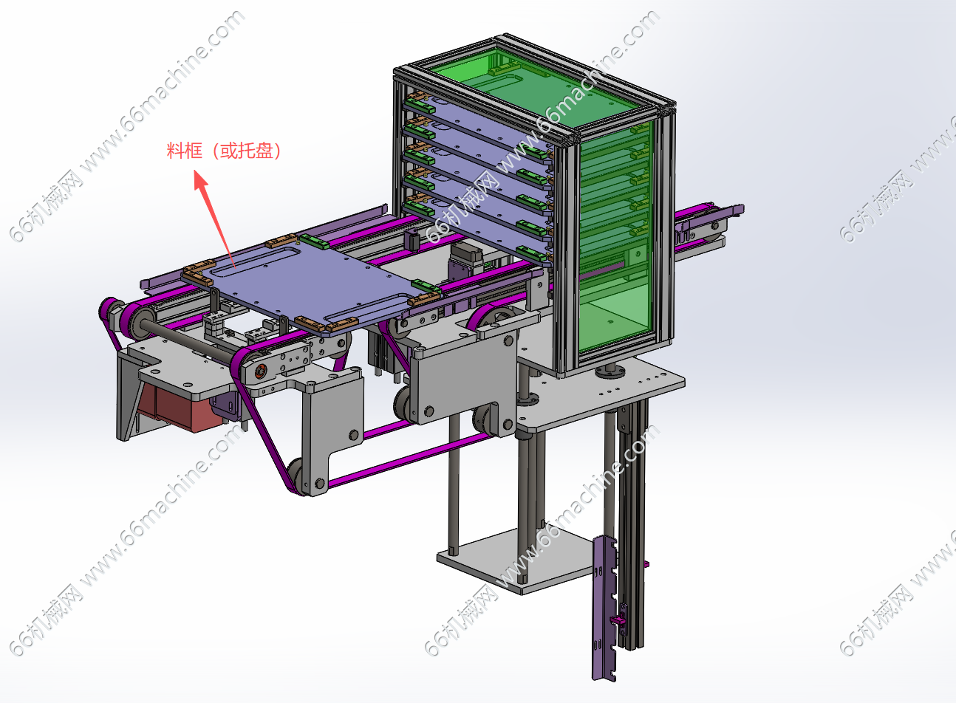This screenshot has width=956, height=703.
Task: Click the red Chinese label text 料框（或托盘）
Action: coord(224,151)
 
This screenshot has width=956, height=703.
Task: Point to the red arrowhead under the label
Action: coord(201,179)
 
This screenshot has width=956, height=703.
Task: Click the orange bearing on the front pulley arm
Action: coord(260,371)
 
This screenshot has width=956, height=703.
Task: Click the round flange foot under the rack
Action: coord(610,372)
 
